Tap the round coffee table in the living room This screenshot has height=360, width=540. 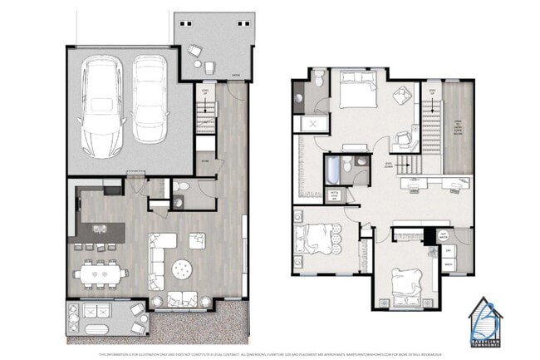pos(181,269)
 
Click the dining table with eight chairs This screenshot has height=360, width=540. pos(98,272)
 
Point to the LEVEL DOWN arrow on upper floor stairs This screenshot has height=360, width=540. pos(387,165)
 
